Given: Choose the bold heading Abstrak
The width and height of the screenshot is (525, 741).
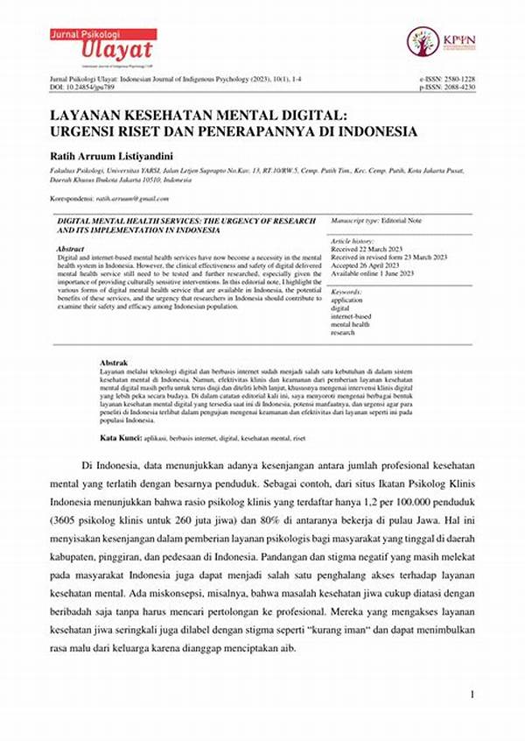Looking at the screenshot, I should coord(115,363).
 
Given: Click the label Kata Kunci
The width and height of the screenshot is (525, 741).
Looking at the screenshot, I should coord(121,435).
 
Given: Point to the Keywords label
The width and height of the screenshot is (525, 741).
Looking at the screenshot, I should coord(347,291).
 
